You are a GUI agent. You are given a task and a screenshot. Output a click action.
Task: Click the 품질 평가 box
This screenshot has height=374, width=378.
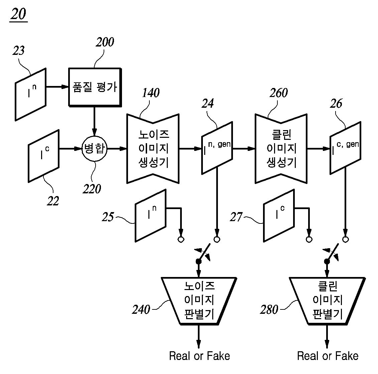[95, 87]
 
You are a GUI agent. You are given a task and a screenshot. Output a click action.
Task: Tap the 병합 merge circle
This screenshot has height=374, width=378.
[95, 149]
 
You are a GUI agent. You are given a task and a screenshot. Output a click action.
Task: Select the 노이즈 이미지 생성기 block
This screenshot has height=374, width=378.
[153, 149]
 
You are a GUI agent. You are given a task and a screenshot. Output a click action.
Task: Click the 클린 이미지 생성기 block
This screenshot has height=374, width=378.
[281, 149]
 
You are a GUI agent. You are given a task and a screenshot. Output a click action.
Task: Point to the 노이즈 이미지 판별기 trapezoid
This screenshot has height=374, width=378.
[199, 301]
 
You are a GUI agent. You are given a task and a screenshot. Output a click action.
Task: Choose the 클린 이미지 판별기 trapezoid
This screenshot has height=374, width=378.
[327, 301]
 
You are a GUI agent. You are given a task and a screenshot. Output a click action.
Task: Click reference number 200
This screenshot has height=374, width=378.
[105, 42]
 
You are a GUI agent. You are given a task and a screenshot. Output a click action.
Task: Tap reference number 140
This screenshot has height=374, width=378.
[151, 93]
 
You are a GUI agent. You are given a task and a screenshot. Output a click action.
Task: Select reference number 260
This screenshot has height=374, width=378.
[279, 93]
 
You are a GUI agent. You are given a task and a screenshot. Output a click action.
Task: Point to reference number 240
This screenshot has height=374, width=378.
[141, 309]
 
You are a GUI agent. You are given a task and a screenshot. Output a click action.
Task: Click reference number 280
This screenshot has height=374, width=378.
[269, 309]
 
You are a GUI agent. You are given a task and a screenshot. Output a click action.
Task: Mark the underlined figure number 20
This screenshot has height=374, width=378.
[19, 14]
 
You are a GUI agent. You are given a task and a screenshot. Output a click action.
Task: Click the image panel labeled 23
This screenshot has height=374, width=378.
[31, 94]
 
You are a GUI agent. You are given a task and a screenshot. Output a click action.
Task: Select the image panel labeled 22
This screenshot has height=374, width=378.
[44, 156]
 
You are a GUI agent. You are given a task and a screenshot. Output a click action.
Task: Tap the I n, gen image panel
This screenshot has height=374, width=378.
[217, 148]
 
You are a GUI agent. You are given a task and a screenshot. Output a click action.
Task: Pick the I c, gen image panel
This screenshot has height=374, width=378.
[345, 148]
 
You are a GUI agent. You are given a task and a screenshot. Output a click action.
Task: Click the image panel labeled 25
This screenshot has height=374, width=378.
[150, 215]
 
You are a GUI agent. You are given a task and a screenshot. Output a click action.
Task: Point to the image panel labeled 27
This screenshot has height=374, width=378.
[279, 215]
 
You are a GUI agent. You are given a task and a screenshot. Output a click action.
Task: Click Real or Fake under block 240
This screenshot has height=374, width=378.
[200, 356]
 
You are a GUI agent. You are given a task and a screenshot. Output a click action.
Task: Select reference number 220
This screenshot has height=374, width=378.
[92, 189]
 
